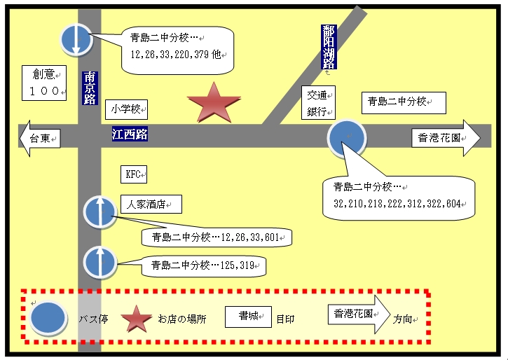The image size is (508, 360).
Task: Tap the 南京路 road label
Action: (90, 88)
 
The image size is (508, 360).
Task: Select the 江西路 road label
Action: (130, 134)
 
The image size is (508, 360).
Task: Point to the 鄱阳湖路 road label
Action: (329, 47)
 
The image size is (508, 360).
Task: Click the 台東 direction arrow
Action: (40, 138)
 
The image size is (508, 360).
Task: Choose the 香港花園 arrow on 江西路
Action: (446, 138)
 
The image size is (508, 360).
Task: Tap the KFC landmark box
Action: (134, 174)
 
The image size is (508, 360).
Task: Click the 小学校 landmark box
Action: (126, 109)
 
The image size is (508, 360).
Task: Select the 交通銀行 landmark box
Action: (318, 103)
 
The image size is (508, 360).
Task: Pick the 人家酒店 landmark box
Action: (151, 205)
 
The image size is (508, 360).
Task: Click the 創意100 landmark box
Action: (44, 83)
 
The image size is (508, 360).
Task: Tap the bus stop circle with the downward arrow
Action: (76, 39)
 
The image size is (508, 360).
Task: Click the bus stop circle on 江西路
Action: (347, 138)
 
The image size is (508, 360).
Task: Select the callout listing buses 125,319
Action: (204, 266)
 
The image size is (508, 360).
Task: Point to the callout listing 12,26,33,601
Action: (217, 237)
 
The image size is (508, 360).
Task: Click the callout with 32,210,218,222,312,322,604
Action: (399, 198)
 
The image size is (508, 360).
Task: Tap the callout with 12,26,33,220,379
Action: (177, 50)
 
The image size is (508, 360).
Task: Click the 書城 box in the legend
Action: (248, 317)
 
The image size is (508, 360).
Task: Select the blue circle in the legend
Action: (48, 317)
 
